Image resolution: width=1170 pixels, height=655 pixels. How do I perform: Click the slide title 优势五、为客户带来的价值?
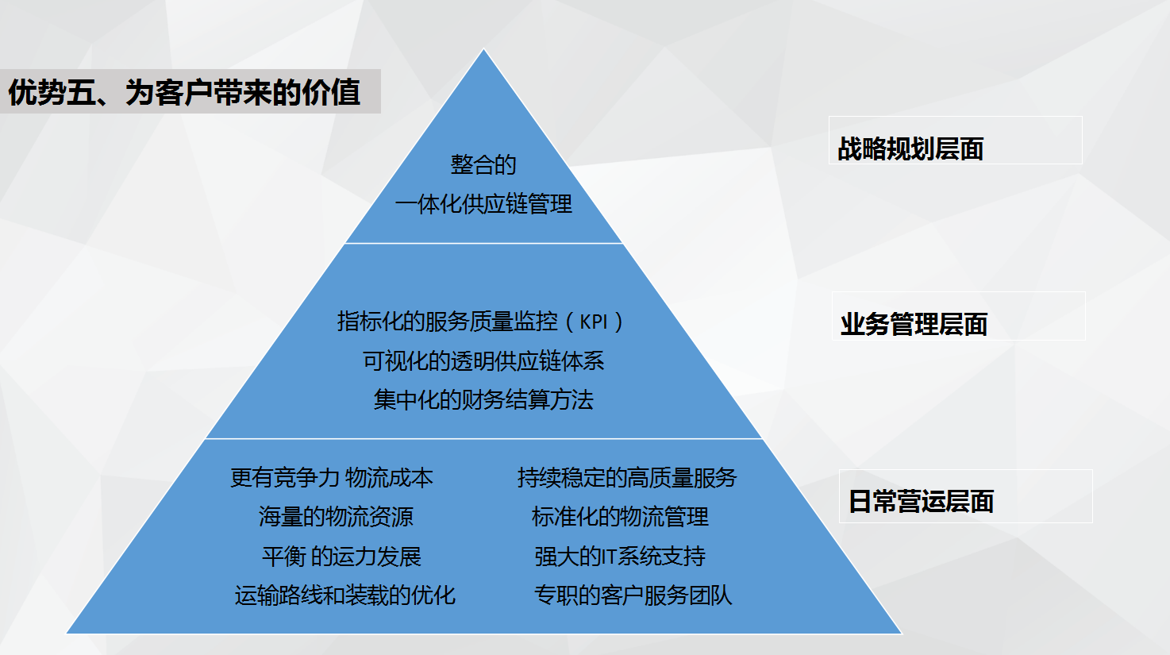click(184, 92)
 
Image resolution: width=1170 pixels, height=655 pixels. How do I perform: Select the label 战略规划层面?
click(910, 149)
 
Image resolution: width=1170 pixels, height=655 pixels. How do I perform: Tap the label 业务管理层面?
click(914, 325)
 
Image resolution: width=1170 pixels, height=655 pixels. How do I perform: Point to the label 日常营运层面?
click(921, 502)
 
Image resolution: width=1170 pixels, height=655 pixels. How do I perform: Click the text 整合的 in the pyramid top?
click(483, 165)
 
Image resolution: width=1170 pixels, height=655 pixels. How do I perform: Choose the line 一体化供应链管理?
click(483, 204)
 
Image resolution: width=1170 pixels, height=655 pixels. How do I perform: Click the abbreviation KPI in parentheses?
click(594, 322)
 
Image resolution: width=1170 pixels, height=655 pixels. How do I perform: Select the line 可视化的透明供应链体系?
click(483, 361)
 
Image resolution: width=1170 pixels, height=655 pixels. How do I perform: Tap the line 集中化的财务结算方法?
click(483, 400)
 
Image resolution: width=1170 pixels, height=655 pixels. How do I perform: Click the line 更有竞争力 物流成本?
click(332, 478)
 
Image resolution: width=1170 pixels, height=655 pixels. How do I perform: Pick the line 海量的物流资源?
click(336, 517)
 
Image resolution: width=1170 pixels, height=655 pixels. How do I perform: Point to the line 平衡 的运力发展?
click(341, 557)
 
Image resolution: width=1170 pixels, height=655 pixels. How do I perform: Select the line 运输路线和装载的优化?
click(344, 595)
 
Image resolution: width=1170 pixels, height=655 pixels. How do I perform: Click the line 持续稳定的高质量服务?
click(627, 478)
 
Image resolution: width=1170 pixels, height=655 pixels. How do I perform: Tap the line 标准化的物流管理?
click(620, 517)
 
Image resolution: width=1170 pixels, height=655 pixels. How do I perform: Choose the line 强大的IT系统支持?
click(620, 557)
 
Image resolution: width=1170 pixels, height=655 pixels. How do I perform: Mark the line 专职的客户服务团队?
click(633, 595)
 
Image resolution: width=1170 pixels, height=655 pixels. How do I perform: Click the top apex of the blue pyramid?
click(483, 49)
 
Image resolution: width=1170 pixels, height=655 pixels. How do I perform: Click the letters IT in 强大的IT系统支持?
click(610, 557)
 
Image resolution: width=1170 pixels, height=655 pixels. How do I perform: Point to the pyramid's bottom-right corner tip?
click(902, 633)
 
